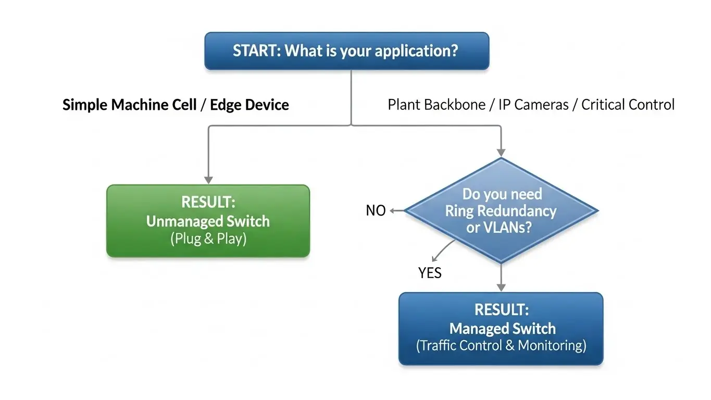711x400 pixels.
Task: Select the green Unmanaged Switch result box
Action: (x=208, y=221)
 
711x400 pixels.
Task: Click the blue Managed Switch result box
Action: (x=501, y=328)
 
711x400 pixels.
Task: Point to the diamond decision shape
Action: (x=501, y=210)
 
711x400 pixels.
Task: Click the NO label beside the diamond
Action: (x=376, y=210)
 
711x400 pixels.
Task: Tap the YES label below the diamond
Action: (x=430, y=272)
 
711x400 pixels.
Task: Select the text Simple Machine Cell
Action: (x=129, y=105)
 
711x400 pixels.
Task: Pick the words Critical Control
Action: (x=628, y=105)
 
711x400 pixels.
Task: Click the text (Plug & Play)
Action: (x=208, y=239)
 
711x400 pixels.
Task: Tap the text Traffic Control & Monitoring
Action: (x=501, y=345)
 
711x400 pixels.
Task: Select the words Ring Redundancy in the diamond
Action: (x=501, y=211)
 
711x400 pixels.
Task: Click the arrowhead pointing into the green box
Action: (x=208, y=180)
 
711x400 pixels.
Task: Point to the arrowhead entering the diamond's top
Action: (x=501, y=152)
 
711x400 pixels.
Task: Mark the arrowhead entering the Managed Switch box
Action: (x=501, y=287)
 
